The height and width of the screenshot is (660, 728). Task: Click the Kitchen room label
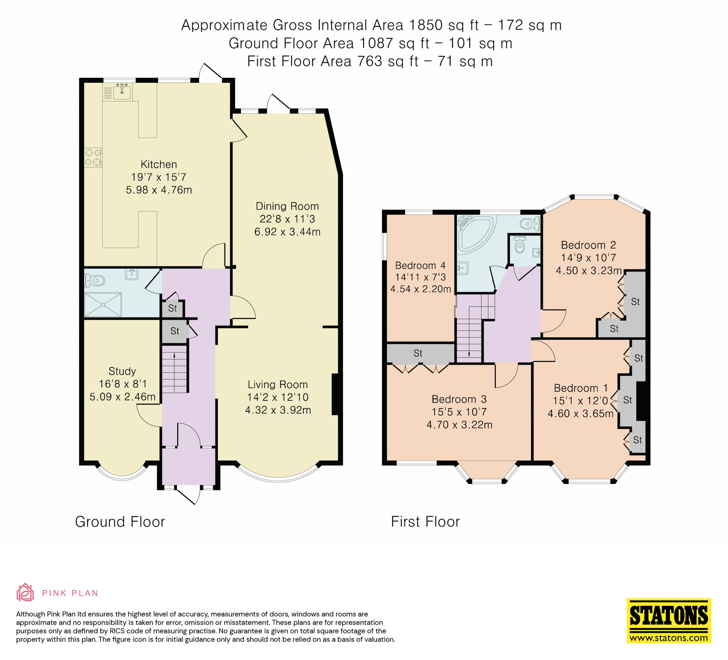(x=158, y=164)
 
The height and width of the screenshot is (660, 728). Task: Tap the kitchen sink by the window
(x=122, y=91)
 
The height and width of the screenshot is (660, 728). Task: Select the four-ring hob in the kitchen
(x=93, y=157)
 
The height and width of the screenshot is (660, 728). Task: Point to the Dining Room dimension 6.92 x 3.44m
(x=287, y=232)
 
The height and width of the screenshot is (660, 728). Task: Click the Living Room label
(x=278, y=385)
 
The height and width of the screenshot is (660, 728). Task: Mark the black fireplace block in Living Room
(x=335, y=394)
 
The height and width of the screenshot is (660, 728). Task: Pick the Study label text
(x=122, y=371)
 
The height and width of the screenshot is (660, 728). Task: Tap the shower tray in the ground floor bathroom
(x=103, y=304)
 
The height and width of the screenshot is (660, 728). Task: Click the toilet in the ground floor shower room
(x=94, y=281)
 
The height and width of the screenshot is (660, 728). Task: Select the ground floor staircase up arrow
(x=174, y=355)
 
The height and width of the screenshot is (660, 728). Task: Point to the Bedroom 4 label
(x=420, y=265)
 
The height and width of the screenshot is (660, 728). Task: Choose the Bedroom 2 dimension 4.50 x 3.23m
(x=588, y=271)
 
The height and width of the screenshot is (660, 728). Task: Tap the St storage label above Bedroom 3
(x=418, y=353)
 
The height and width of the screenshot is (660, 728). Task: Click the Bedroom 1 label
(x=581, y=388)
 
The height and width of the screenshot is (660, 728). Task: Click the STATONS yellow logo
(x=669, y=620)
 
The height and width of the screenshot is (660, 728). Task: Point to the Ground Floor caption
(x=120, y=522)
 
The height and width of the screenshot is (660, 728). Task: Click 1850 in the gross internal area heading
(x=425, y=25)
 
